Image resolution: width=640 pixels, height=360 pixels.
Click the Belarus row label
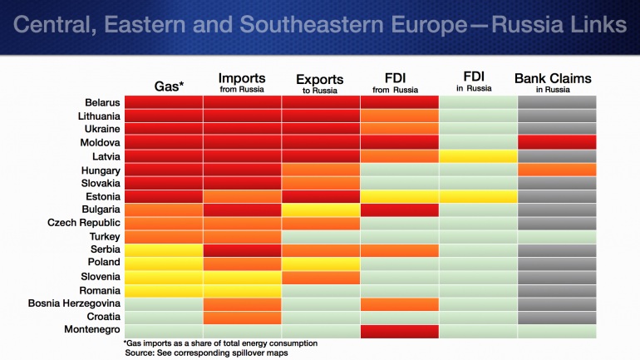(x=98, y=102)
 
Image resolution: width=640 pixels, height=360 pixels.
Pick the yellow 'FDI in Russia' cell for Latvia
(x=478, y=156)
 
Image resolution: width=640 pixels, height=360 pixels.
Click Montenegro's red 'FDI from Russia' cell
(x=400, y=330)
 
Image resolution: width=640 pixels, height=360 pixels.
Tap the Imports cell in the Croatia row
(x=241, y=317)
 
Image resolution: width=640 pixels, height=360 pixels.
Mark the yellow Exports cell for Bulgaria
(x=321, y=210)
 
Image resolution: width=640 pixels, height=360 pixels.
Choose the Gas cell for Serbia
(x=162, y=249)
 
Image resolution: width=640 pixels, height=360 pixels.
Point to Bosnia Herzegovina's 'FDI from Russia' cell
(x=400, y=303)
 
